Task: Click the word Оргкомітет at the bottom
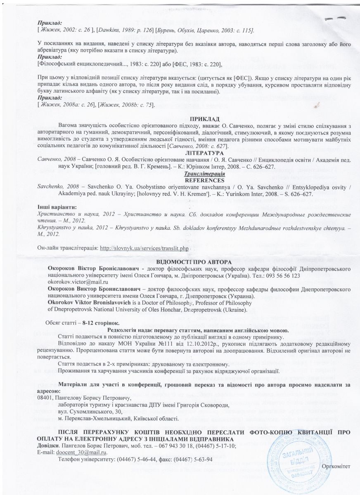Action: (337, 466)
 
